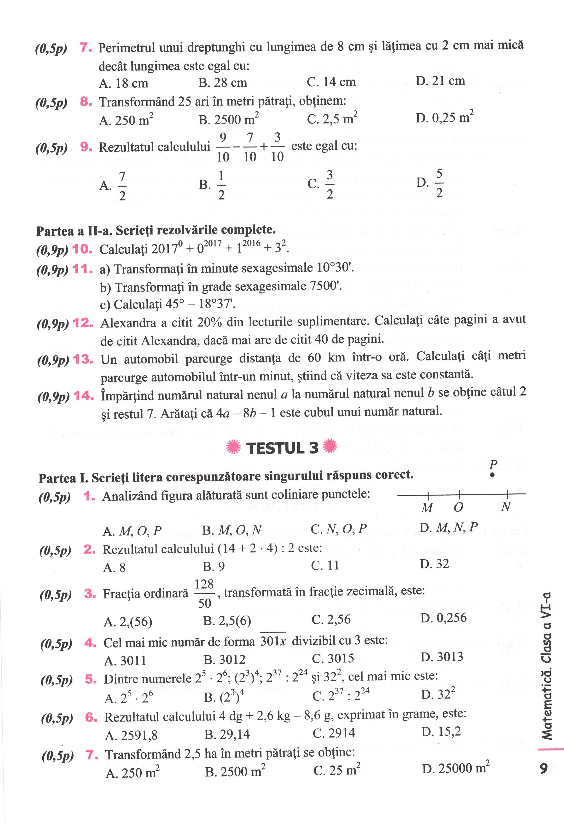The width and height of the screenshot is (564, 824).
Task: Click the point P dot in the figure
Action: (x=492, y=476)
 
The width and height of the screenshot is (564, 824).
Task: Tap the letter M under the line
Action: (x=427, y=508)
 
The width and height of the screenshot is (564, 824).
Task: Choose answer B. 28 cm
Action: (x=223, y=83)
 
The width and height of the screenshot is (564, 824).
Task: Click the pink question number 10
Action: (x=82, y=249)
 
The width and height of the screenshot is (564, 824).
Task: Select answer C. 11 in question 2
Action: (x=325, y=565)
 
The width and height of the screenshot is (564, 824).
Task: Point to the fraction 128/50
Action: (x=205, y=594)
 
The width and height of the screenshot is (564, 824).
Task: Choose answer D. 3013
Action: (x=442, y=657)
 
